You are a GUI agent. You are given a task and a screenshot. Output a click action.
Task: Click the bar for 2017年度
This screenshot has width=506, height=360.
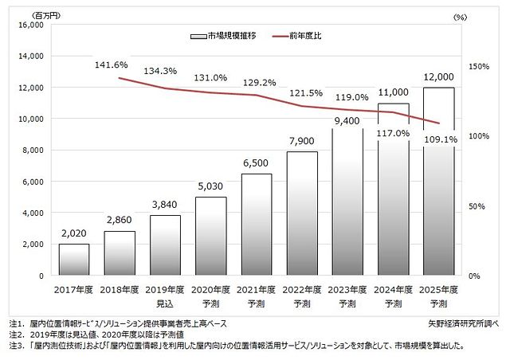point(73,260)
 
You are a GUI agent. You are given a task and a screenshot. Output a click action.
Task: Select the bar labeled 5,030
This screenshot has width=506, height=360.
point(210,237)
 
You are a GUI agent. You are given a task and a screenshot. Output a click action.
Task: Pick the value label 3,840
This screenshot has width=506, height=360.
point(165,205)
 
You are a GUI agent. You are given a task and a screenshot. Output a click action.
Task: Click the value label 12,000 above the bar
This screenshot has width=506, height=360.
point(438,77)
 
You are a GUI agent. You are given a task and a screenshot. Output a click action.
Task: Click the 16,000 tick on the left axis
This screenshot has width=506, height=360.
point(29,25)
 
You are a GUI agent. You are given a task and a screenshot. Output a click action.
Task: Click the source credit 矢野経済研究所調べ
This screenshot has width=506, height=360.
point(461,324)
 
